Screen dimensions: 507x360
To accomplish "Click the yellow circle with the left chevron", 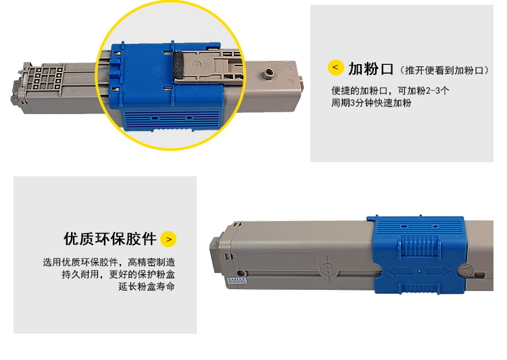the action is pos(335,68).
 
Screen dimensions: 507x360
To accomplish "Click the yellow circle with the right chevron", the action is pos(168,239).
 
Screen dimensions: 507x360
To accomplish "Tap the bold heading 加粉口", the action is pos(370,69).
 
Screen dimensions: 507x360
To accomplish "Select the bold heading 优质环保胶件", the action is pos(110,239).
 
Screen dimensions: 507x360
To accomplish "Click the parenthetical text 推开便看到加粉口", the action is pos(444,70).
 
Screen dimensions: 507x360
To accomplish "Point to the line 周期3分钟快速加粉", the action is pos(371,103).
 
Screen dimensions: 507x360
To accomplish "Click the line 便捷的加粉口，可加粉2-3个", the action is pos(390,91).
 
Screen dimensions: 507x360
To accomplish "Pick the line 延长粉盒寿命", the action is pos(147,286).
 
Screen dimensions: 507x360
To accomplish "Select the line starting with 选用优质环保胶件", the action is pos(109,262).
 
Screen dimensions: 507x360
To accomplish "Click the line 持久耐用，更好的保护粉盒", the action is pos(118,274).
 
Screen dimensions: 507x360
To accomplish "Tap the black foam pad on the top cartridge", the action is pos(178,66).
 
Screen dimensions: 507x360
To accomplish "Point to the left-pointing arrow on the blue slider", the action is pos(400,271).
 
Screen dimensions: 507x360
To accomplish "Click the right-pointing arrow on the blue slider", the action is pos(439,271).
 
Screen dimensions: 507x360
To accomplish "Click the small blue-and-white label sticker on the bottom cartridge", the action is pos(237,280).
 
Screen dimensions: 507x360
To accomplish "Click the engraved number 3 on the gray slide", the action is pos(207,65).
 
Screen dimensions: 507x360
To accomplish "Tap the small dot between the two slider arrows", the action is pos(419,271).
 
